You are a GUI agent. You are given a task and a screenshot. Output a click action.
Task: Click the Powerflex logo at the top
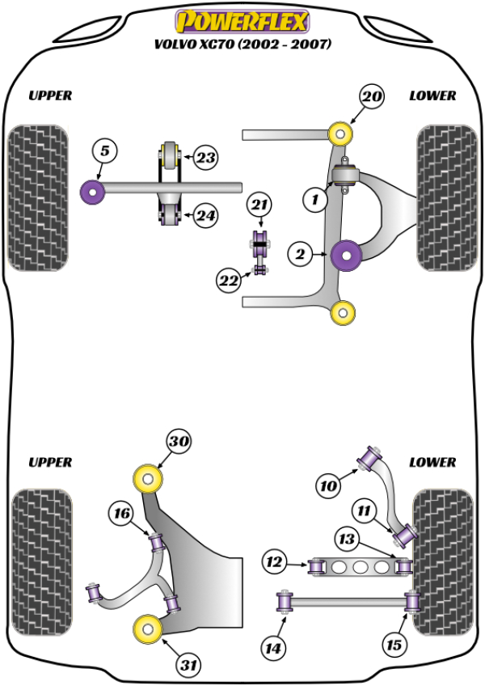point(242,19)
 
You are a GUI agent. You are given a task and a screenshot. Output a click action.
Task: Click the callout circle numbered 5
point(105,150)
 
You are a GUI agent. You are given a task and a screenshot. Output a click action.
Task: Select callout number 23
point(206,158)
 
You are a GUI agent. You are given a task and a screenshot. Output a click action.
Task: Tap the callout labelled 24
point(206,216)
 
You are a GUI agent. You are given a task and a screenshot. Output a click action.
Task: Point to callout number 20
point(371,97)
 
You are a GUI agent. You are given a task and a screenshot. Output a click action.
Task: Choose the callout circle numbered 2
point(299,255)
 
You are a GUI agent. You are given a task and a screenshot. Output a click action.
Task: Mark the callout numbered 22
point(228,281)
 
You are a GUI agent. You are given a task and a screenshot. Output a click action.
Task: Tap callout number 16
point(122,513)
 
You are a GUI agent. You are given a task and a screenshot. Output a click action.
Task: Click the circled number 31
point(189,666)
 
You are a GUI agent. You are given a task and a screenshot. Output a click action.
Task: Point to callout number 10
point(327,486)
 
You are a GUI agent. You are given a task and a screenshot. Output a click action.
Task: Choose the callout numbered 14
point(272,647)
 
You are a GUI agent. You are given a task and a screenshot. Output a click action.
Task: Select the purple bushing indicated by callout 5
point(92,192)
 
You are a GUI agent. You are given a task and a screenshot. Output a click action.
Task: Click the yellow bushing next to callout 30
point(150,478)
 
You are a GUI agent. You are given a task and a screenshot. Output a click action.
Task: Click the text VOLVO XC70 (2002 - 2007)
point(242,44)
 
